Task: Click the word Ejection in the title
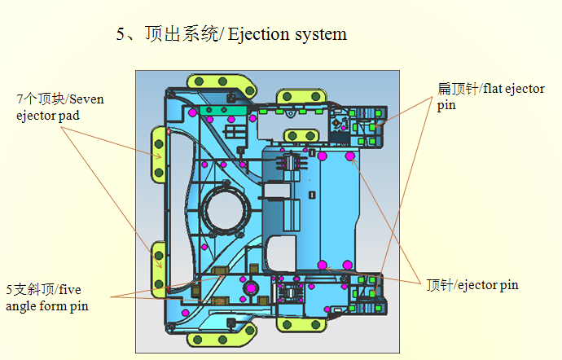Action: click(x=258, y=35)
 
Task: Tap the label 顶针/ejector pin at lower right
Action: click(x=472, y=285)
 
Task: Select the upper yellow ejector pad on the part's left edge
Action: click(x=158, y=152)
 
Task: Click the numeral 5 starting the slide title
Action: click(x=121, y=35)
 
